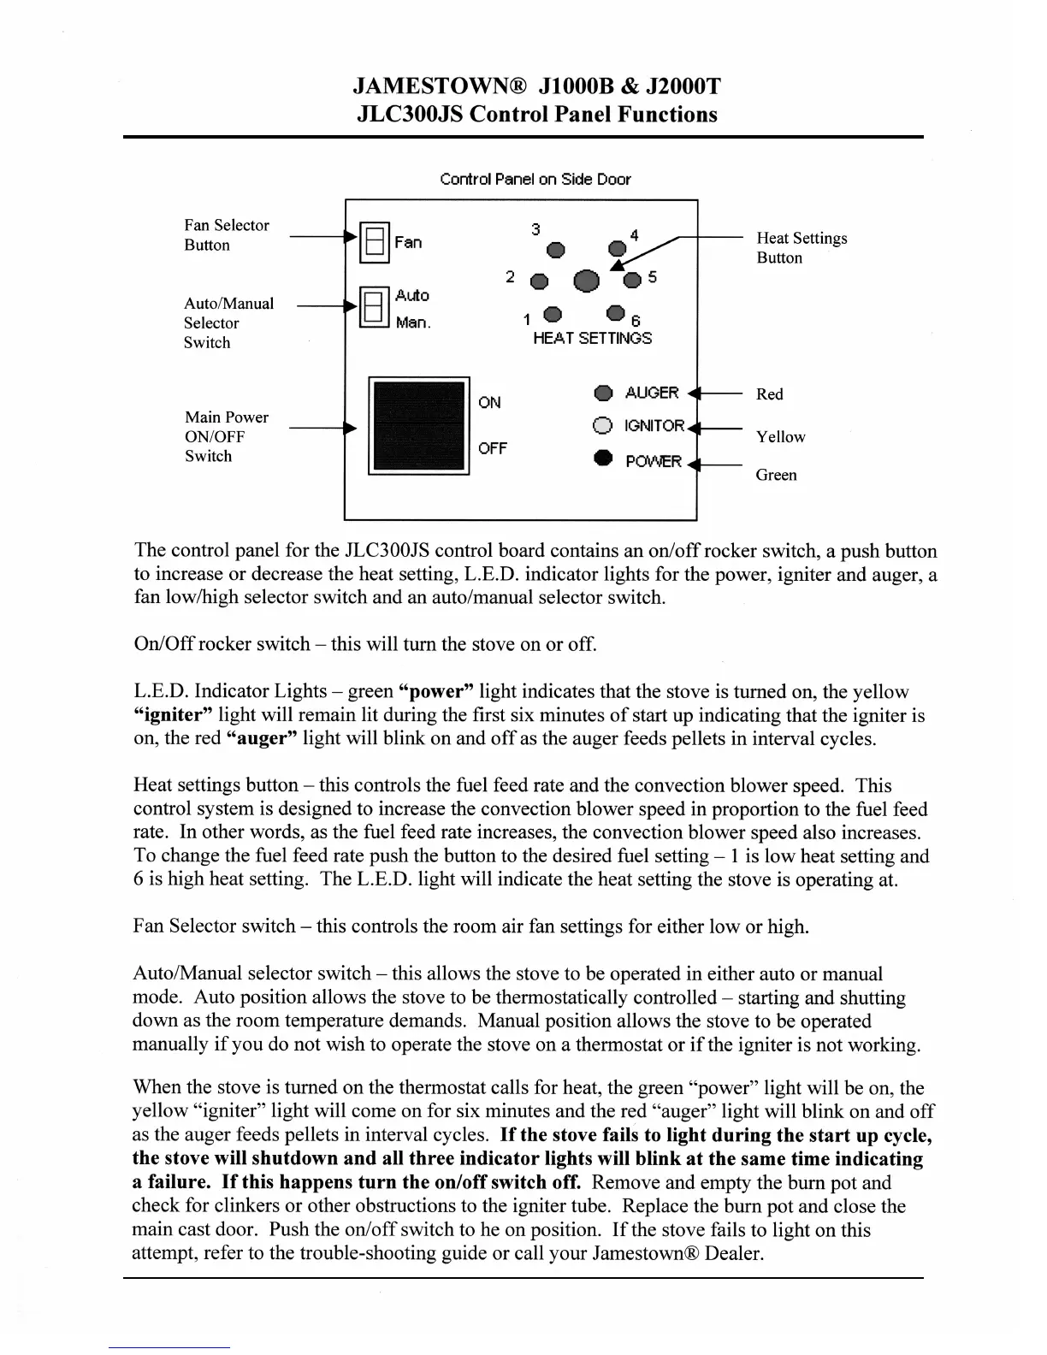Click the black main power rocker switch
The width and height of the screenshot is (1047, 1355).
click(419, 425)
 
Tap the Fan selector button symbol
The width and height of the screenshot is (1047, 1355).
click(374, 242)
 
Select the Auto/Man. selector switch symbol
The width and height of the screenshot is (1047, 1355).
click(373, 307)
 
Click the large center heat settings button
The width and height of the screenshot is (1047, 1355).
click(587, 281)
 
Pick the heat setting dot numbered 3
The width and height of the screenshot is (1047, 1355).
click(557, 250)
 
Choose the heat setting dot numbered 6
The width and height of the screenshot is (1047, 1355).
click(615, 313)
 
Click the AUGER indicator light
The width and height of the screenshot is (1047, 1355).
click(603, 393)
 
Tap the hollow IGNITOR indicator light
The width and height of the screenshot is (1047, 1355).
click(603, 426)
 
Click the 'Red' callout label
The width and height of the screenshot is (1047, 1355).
click(769, 394)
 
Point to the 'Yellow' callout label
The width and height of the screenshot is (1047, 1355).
click(780, 437)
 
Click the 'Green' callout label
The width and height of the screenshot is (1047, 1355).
click(776, 475)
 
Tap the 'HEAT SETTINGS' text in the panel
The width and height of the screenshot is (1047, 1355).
click(592, 339)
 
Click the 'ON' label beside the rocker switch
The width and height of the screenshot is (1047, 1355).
click(489, 402)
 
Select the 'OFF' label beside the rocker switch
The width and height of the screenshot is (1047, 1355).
click(492, 448)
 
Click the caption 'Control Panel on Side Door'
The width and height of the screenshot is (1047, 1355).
click(535, 180)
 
